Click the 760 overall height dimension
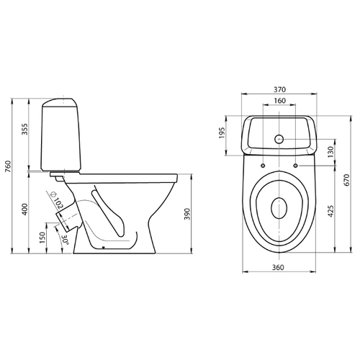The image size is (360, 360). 8,166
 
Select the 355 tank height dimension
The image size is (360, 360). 24,129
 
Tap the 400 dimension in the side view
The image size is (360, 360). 24,210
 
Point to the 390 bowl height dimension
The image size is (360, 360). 187,214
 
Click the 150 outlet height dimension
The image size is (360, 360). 42,238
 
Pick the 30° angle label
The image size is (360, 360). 65,240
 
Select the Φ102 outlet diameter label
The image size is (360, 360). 56,200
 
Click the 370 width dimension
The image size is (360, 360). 280,89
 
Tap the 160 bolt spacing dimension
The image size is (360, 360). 280,101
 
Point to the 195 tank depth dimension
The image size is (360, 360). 222,132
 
